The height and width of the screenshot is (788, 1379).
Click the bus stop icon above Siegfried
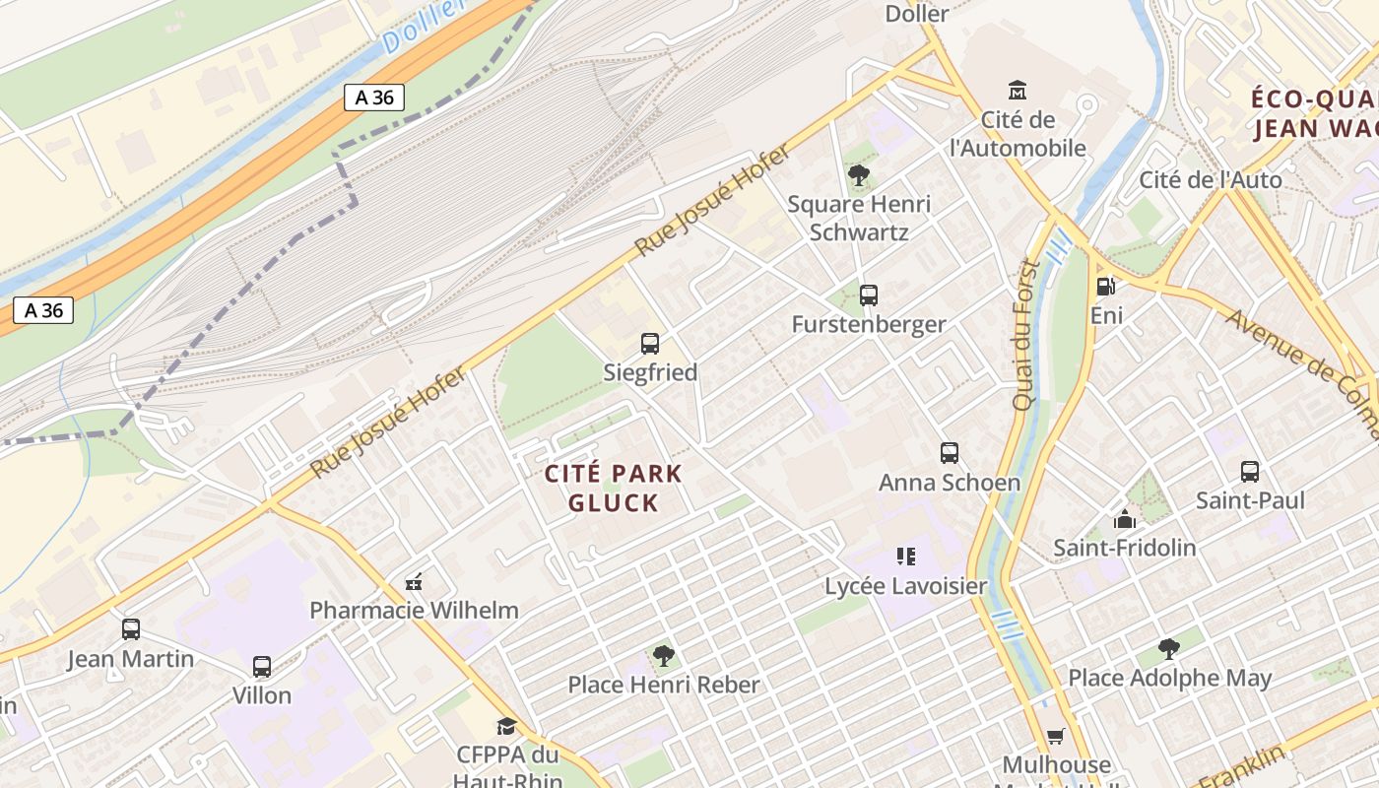(x=650, y=344)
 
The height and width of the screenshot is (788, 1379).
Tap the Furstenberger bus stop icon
(x=868, y=295)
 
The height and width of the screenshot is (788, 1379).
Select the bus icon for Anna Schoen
(x=950, y=453)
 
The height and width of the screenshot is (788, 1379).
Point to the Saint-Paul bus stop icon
(x=1250, y=472)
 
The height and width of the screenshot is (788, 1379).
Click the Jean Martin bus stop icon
(x=131, y=629)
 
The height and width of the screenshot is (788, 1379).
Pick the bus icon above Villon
(x=262, y=667)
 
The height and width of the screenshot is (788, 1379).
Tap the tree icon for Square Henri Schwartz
(x=859, y=175)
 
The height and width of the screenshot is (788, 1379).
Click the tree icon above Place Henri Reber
(x=664, y=655)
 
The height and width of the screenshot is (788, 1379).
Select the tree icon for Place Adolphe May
(x=1169, y=649)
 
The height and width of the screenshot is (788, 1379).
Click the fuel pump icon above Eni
(x=1106, y=287)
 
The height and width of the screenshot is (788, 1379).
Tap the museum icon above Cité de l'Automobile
(x=1018, y=91)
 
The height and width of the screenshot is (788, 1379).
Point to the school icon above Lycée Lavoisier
(x=906, y=558)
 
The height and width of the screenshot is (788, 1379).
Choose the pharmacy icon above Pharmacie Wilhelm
(x=415, y=582)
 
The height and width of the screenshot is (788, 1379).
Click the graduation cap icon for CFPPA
(x=506, y=727)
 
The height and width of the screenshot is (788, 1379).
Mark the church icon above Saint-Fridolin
(x=1124, y=519)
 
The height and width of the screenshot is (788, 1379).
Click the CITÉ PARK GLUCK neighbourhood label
(x=614, y=488)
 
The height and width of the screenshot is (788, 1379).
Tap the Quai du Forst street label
(x=1025, y=335)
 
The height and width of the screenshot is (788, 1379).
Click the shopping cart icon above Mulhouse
(x=1056, y=736)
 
